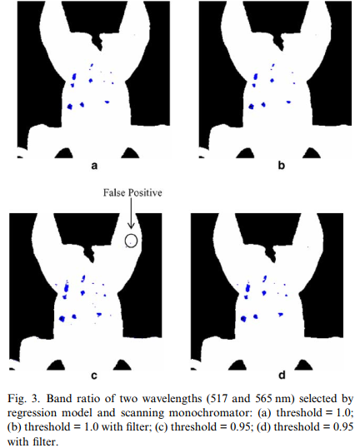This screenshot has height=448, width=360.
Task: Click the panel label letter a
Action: [x=94, y=166]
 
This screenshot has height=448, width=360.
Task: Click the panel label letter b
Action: [x=282, y=165]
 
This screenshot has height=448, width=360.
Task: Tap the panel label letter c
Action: [x=94, y=376]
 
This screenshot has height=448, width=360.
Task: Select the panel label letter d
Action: [x=282, y=375]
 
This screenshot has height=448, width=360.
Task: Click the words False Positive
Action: [x=132, y=193]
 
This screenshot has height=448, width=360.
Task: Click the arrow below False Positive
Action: [x=131, y=213]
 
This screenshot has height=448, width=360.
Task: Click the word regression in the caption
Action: [x=32, y=413]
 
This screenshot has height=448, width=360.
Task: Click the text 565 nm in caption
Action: [x=272, y=399]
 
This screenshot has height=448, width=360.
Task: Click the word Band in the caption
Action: [x=58, y=399]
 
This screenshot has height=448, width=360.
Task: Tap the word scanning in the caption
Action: [x=142, y=413]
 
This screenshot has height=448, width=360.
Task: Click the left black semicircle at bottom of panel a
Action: [x=64, y=153]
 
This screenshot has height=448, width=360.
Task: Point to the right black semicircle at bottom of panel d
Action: [x=303, y=365]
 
